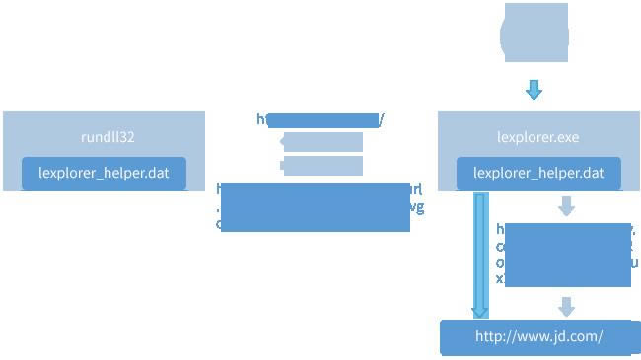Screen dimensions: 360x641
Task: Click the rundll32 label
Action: click(104, 137)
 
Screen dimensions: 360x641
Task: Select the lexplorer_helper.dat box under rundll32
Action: click(104, 173)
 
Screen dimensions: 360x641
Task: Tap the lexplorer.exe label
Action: click(538, 137)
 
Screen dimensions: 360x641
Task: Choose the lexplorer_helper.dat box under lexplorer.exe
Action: click(538, 173)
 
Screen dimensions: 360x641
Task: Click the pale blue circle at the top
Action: click(534, 36)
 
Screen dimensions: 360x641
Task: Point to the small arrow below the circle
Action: click(534, 90)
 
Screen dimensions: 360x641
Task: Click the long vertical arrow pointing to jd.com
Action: click(480, 254)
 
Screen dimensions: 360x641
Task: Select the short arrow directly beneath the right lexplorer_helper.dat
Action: click(566, 206)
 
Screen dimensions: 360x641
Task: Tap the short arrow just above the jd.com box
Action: click(566, 305)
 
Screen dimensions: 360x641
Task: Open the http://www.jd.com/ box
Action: click(538, 336)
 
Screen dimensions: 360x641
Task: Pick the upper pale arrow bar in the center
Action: click(321, 142)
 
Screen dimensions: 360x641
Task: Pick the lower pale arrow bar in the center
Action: click(321, 165)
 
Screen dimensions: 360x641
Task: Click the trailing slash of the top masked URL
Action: click(382, 120)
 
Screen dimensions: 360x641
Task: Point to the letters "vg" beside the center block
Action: click(417, 206)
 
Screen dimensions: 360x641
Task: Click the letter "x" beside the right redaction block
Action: click(500, 279)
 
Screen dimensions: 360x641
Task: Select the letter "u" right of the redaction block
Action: click(635, 263)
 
